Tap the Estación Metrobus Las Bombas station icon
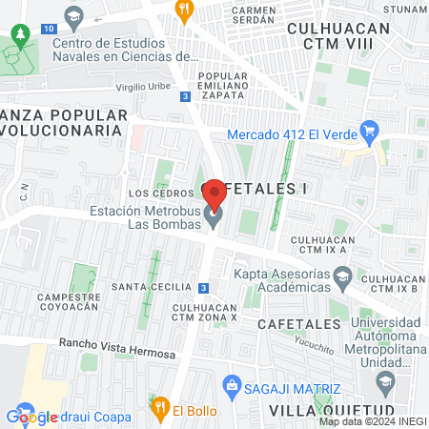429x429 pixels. (x=214, y=219)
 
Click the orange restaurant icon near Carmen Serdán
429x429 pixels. (x=185, y=9)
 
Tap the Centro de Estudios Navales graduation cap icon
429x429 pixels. (x=73, y=16)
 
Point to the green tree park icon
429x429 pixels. (x=19, y=37)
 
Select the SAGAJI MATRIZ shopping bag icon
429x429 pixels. (x=231, y=385)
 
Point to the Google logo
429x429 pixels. (x=31, y=417)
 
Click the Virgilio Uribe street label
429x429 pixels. (x=142, y=85)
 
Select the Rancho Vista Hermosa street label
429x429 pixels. (x=116, y=348)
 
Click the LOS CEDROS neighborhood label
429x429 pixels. (x=153, y=194)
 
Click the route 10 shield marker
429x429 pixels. (x=48, y=30)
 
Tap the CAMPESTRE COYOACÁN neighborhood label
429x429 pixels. (x=69, y=302)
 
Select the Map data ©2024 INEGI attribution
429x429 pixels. (x=373, y=421)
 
